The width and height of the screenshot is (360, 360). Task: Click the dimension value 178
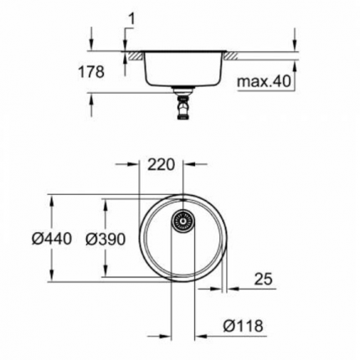(x=94, y=73)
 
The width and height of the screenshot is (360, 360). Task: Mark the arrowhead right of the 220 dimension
(x=194, y=164)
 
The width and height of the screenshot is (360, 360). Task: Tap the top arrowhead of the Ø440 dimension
(x=53, y=199)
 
